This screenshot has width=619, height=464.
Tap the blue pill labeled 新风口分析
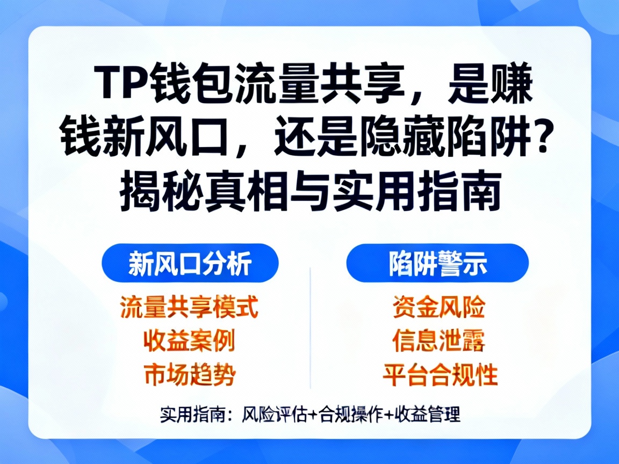190,263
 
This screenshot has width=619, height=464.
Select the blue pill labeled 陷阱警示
437,263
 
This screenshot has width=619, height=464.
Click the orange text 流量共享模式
189,307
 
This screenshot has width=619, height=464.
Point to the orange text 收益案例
189,341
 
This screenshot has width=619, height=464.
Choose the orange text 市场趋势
189,375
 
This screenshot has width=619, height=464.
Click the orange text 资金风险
439,307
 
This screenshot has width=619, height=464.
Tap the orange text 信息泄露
439,341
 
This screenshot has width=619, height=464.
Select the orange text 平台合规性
440,375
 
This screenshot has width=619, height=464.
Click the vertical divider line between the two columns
311,328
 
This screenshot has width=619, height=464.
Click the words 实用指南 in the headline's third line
416,192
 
